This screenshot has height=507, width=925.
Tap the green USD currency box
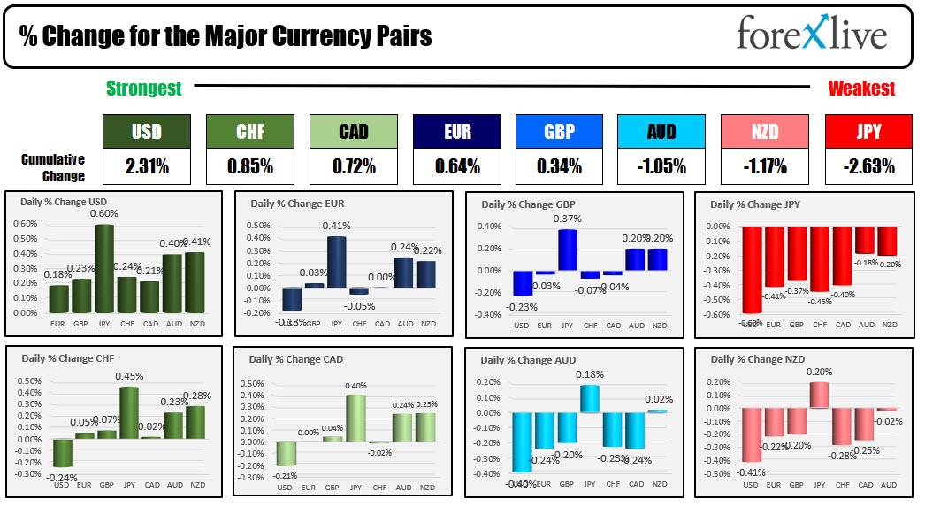[146, 132]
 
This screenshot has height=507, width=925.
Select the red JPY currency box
[868, 132]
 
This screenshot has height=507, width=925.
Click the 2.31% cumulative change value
[146, 165]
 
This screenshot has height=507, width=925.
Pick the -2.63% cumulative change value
[868, 165]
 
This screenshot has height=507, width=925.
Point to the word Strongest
[143, 88]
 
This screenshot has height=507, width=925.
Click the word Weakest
[861, 88]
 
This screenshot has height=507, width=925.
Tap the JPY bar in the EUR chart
[336, 262]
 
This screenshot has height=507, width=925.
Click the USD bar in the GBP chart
[523, 282]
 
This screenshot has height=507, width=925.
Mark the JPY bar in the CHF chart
[128, 412]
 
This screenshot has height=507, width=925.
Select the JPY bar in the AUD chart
[590, 398]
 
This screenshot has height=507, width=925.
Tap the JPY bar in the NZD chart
[820, 395]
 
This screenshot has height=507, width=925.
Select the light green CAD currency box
[353, 132]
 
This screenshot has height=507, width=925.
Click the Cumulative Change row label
[53, 167]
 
